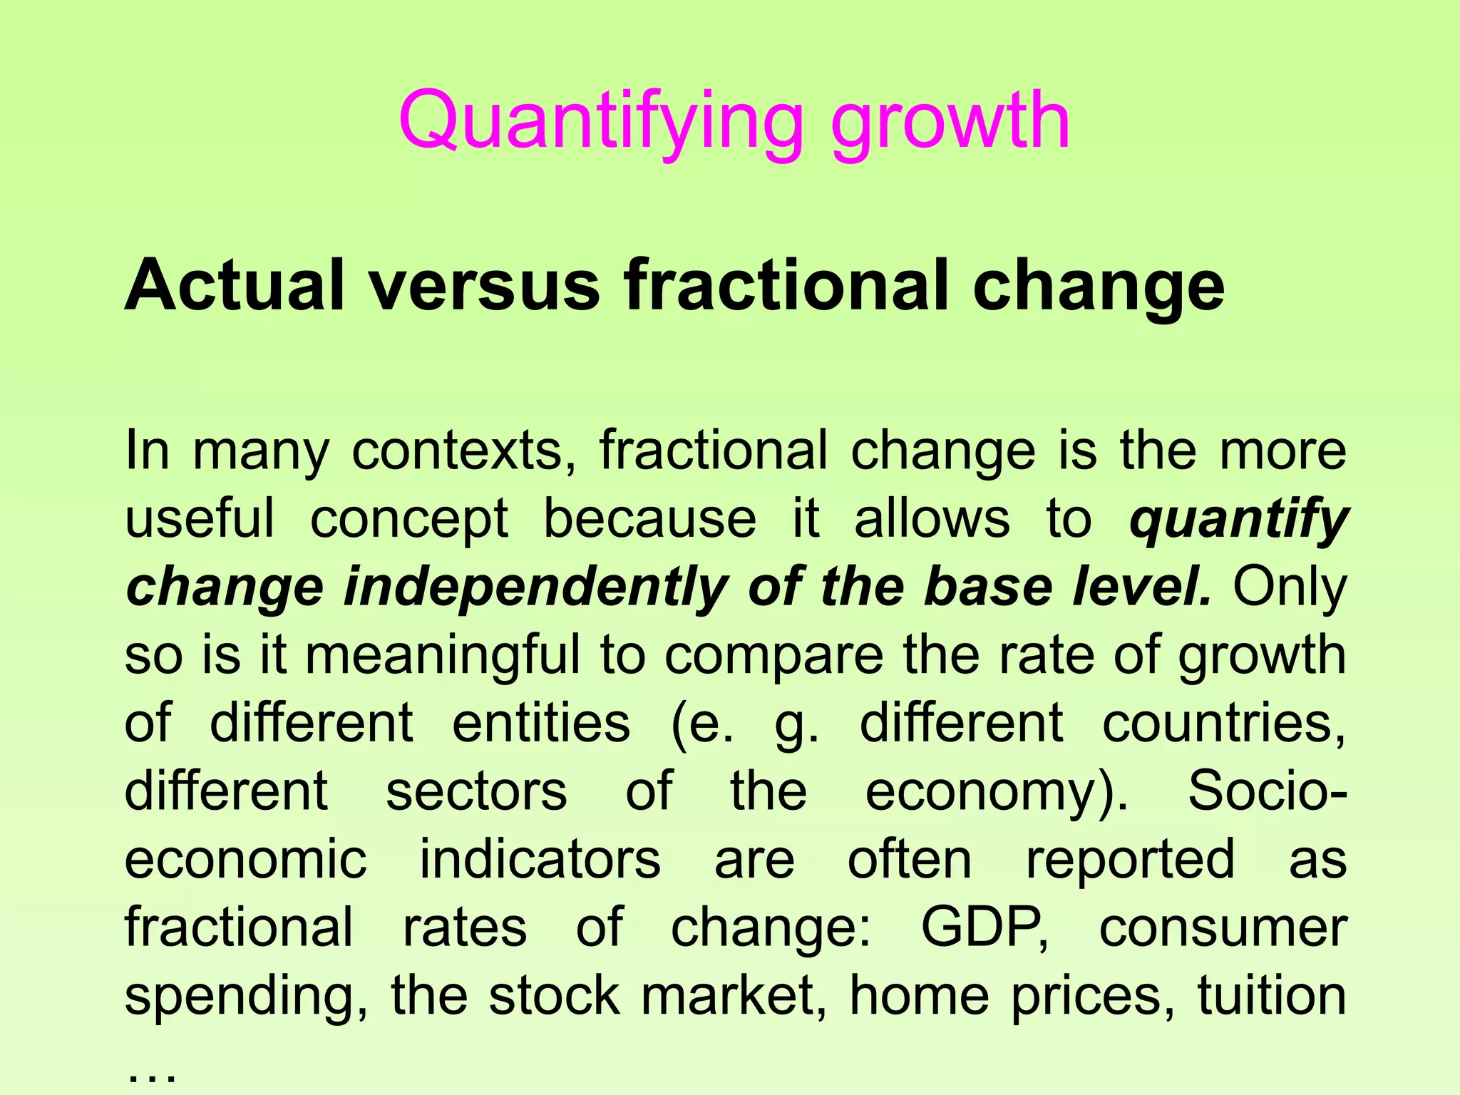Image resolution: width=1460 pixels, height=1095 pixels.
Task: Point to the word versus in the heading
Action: pyautogui.click(x=485, y=285)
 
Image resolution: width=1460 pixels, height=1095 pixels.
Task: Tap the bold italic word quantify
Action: pyautogui.click(x=1238, y=520)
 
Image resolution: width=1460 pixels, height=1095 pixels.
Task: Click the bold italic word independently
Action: pyautogui.click(x=535, y=587)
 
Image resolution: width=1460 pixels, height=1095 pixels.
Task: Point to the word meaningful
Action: pyautogui.click(x=443, y=656)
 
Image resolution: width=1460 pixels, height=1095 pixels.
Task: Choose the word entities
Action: pyautogui.click(x=541, y=723)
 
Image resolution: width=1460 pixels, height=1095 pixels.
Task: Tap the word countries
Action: pyautogui.click(x=1223, y=723)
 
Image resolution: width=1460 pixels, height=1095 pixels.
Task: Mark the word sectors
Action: pyautogui.click(x=476, y=791)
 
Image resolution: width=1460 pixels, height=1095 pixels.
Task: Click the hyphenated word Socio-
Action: pyautogui.click(x=1267, y=791)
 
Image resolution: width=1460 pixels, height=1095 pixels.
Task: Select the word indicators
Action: pyautogui.click(x=540, y=859)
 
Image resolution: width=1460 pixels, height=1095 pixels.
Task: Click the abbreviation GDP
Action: pyautogui.click(x=985, y=927)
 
